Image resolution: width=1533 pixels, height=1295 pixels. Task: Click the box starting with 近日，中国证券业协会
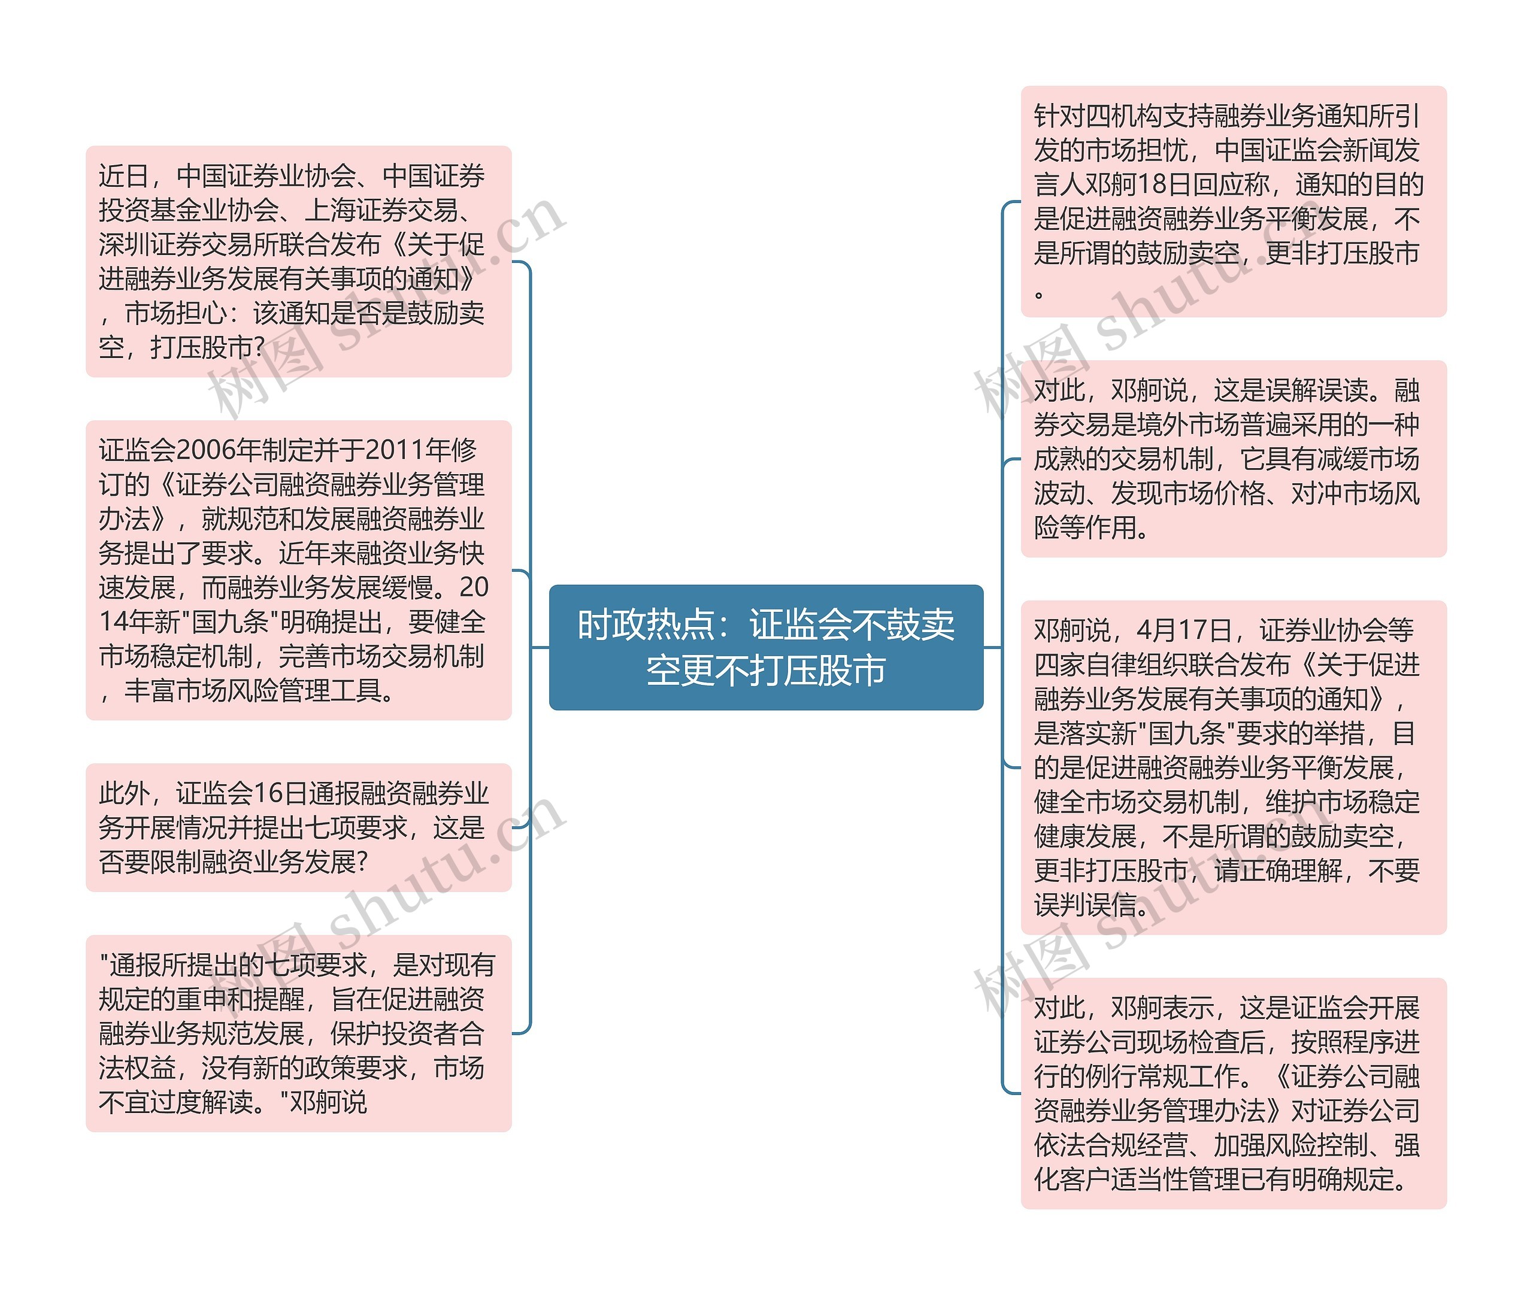298,262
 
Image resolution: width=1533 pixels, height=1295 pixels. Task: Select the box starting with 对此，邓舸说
1233,458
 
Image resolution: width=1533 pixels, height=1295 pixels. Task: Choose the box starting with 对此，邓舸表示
1233,1093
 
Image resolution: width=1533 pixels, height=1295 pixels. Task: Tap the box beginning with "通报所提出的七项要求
298,1033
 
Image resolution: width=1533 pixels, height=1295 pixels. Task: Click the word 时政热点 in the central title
646,626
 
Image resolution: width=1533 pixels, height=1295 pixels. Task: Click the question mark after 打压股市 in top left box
257,347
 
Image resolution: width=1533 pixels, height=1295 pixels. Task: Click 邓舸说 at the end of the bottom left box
328,1102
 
